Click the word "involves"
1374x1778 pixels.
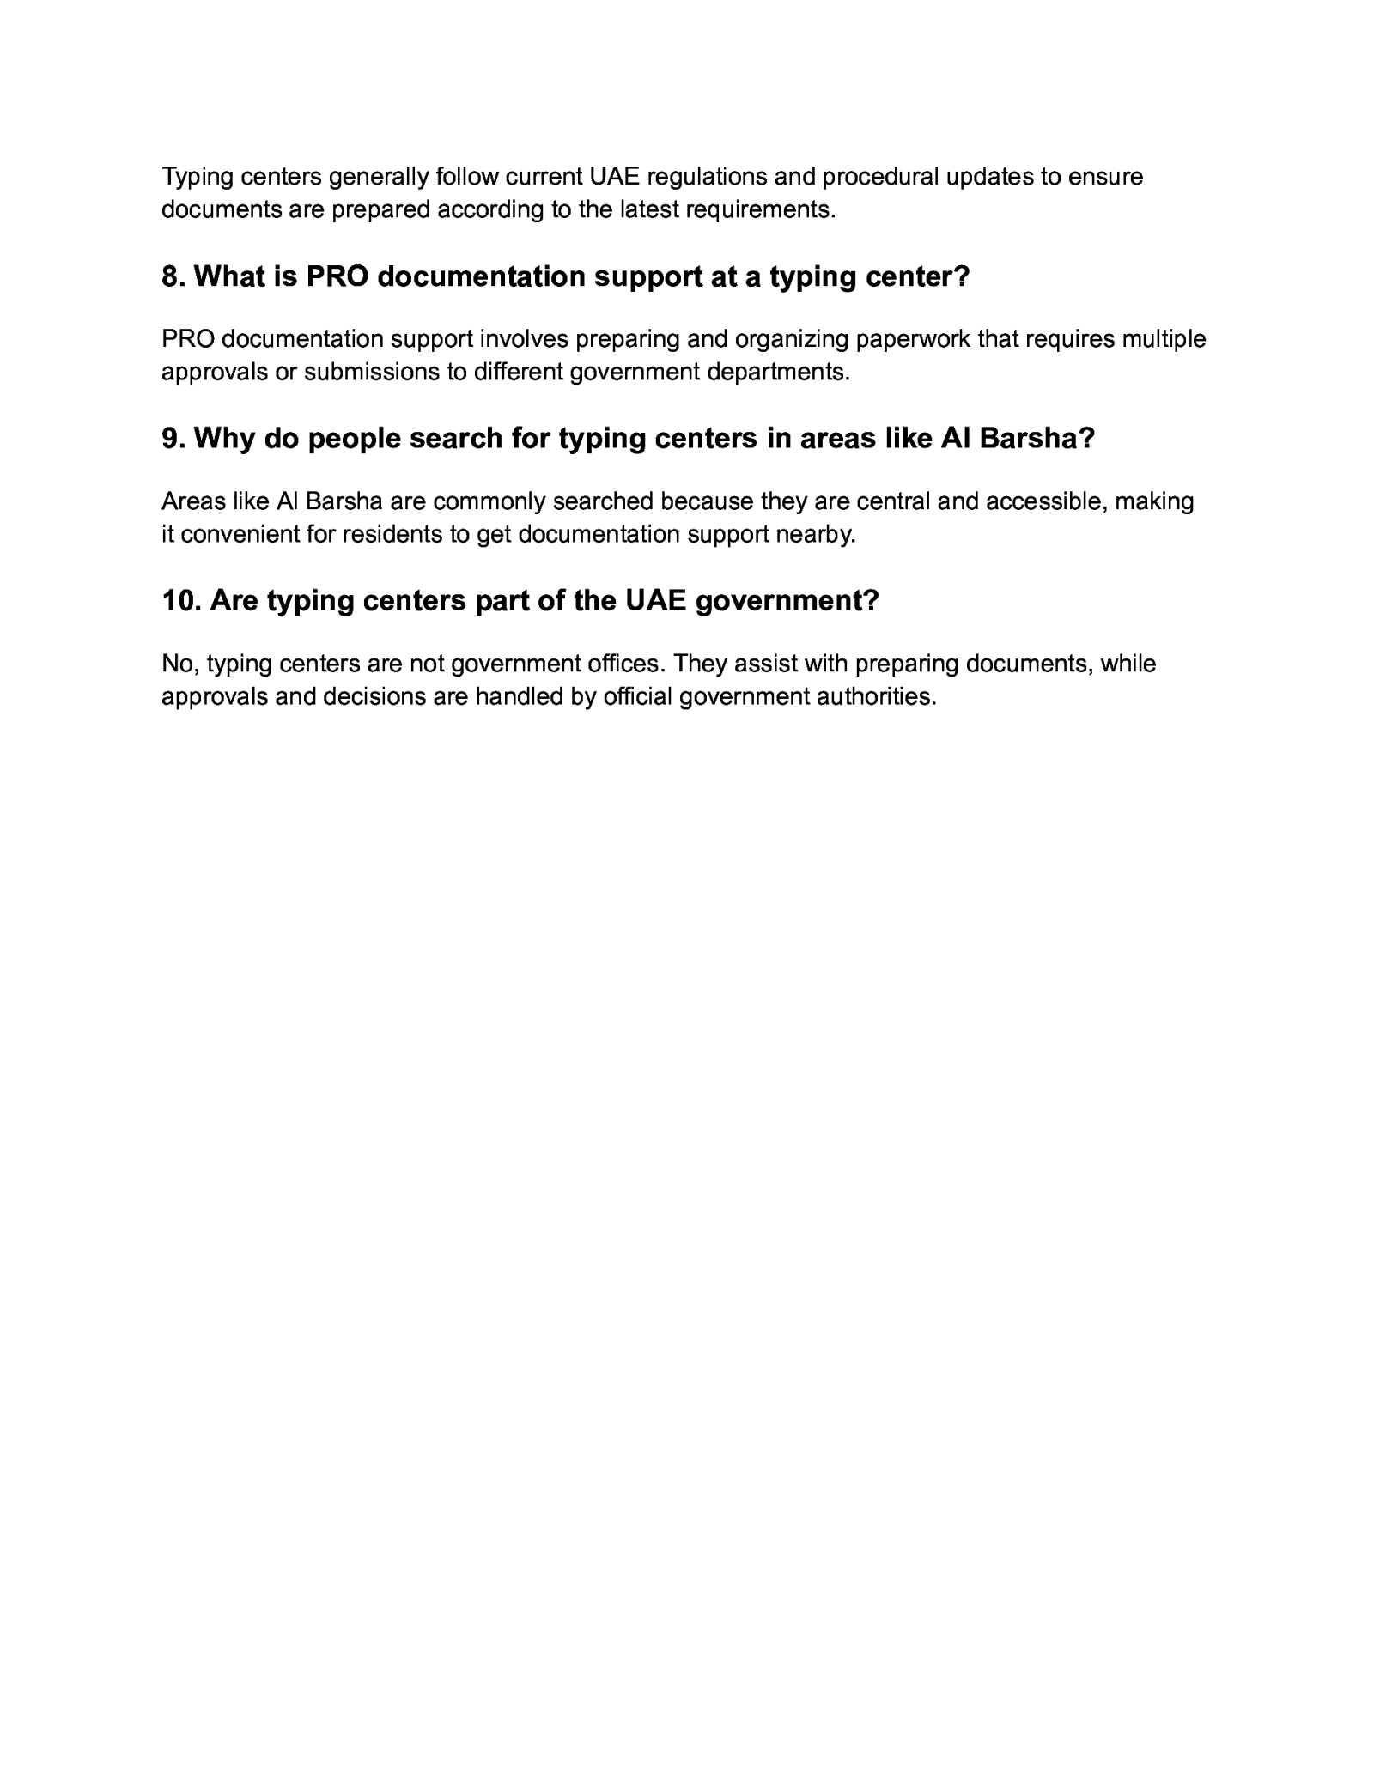(x=523, y=339)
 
